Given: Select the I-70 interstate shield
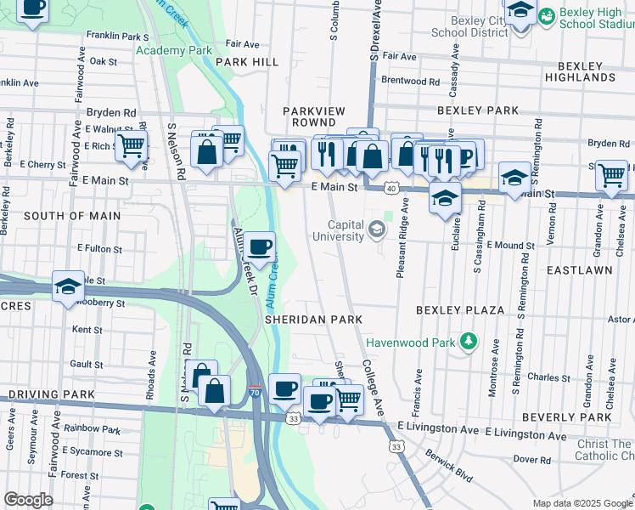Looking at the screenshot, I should pyautogui.click(x=256, y=392).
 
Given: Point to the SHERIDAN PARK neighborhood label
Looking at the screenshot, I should pyautogui.click(x=313, y=319).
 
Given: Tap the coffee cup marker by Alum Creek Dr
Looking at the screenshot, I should pyautogui.click(x=260, y=246).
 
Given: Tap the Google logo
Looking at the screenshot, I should pyautogui.click(x=28, y=499).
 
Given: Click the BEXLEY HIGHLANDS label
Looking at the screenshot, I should pyautogui.click(x=592, y=71).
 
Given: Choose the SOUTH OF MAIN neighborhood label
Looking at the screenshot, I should pyautogui.click(x=72, y=216).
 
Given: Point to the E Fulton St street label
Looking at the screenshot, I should pyautogui.click(x=99, y=249).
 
